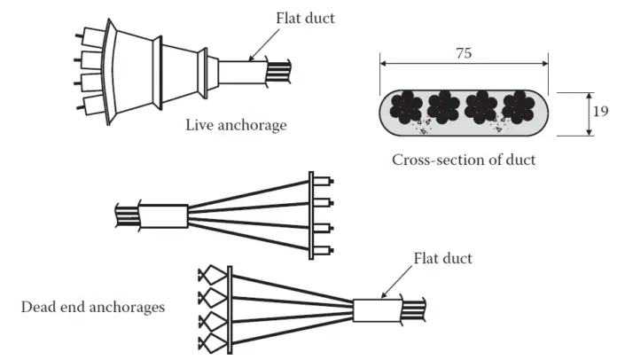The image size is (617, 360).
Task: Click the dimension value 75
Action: click(464, 52)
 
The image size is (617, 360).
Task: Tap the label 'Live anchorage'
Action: click(236, 125)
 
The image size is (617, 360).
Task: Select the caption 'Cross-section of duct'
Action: click(464, 160)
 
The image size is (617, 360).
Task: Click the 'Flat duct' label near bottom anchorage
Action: click(443, 259)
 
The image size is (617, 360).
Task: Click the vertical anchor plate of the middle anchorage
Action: click(311, 216)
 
